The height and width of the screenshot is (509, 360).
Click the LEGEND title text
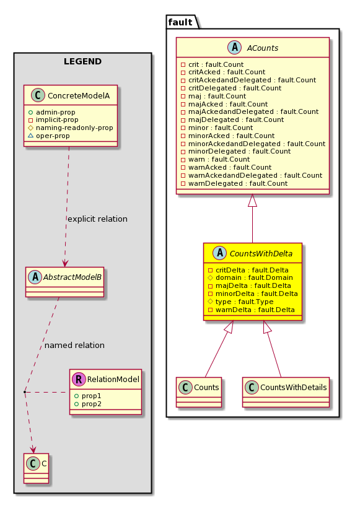coord(82,61)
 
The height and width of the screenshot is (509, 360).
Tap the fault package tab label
coord(180,22)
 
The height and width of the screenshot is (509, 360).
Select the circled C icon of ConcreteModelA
coord(38,95)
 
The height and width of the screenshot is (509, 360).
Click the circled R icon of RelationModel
coord(79,379)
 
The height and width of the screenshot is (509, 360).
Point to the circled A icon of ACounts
coord(235,48)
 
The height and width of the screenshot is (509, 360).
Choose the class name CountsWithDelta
coord(261,253)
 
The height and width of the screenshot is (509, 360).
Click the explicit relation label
coord(97,219)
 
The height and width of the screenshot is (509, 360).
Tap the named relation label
coord(74,346)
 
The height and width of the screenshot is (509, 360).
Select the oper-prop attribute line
coord(49,136)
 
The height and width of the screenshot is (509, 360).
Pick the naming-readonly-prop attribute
coord(71,128)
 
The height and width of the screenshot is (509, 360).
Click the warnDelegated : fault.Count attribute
coord(234,183)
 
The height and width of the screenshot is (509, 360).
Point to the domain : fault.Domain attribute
coord(250,277)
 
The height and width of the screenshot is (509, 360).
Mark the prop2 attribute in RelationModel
coord(88,404)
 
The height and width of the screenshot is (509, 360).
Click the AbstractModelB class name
coord(72,277)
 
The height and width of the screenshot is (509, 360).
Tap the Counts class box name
coord(206,387)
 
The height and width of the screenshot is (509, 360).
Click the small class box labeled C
coord(37,468)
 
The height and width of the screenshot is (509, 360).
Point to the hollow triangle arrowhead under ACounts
coord(252,201)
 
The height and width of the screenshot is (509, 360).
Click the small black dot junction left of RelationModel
coord(25,393)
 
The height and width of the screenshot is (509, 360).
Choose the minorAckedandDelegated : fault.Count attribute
coord(253,144)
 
